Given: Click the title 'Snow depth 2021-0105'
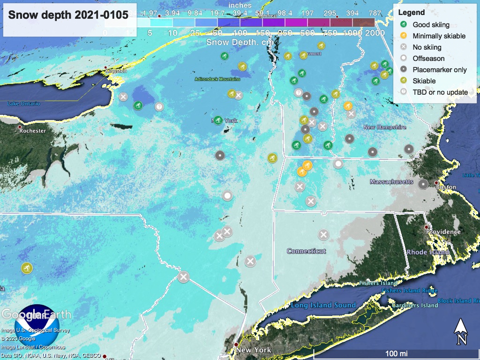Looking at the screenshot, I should [68, 15].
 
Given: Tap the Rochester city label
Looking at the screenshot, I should [32, 131].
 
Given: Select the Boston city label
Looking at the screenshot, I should [446, 187].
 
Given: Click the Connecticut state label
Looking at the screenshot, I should [306, 251].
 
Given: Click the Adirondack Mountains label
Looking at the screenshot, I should [217, 79].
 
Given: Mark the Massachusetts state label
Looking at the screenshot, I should [391, 181].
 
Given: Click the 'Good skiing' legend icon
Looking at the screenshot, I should [403, 24].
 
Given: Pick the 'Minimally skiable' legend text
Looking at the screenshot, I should [439, 36].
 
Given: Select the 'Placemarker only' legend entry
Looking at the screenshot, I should [439, 69].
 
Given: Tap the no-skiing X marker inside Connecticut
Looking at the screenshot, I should [323, 234].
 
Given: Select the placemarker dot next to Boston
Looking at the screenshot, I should [423, 184].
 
